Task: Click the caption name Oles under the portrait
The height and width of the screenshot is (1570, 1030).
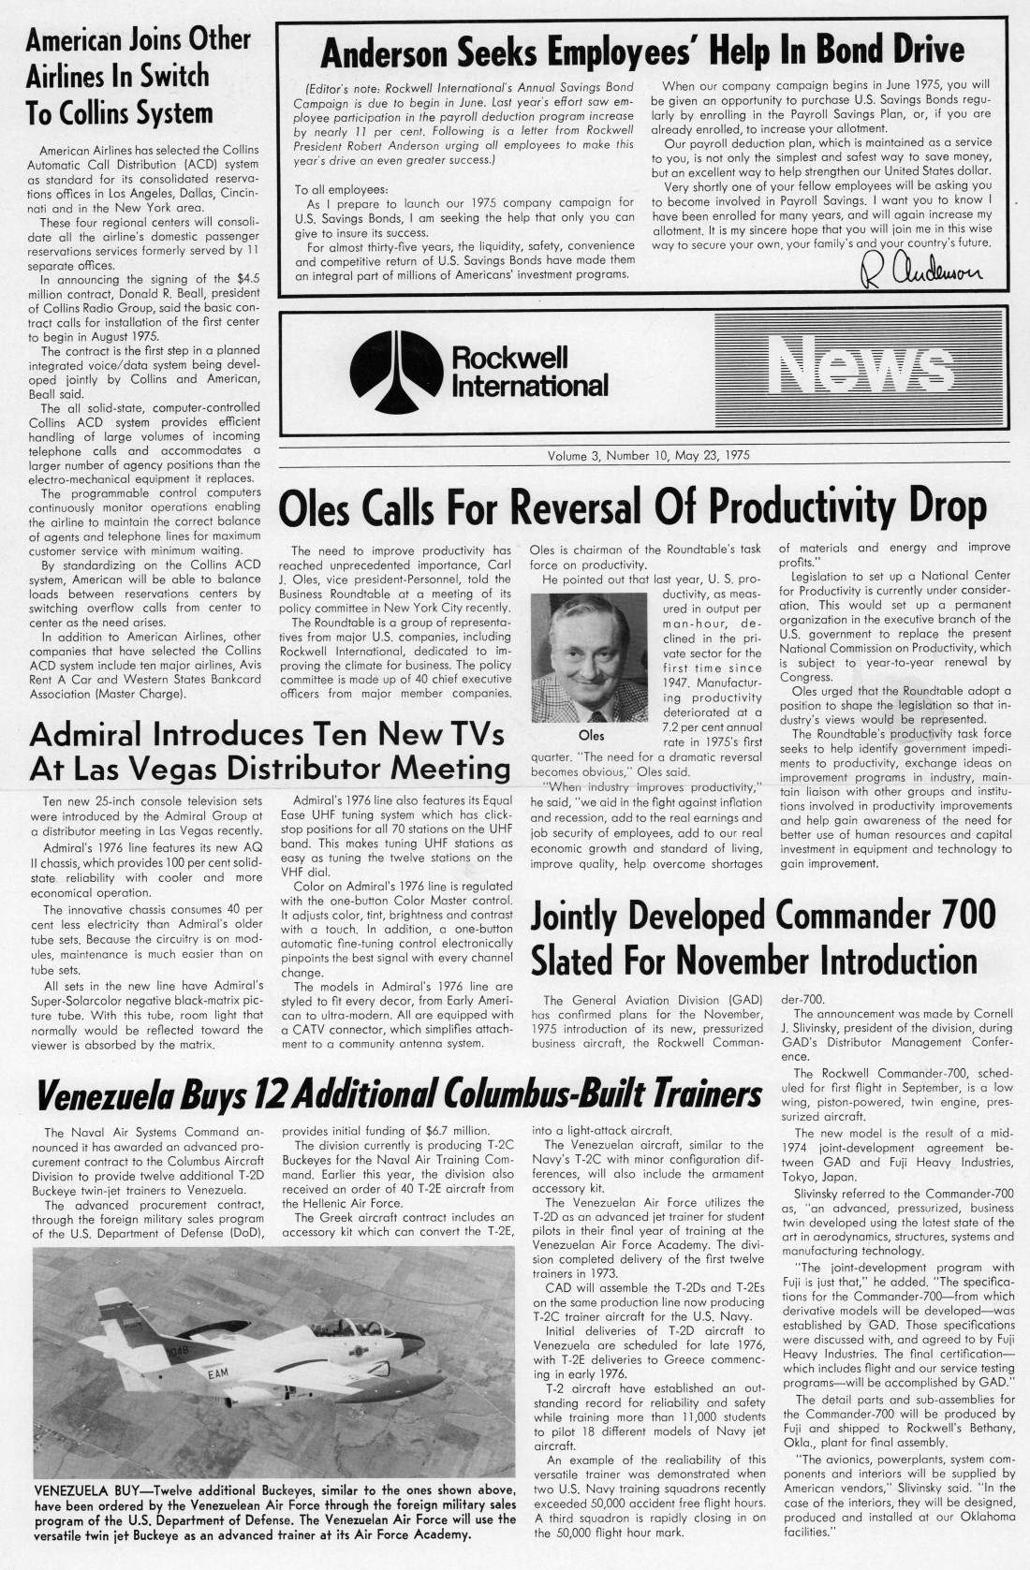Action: (x=592, y=736)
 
